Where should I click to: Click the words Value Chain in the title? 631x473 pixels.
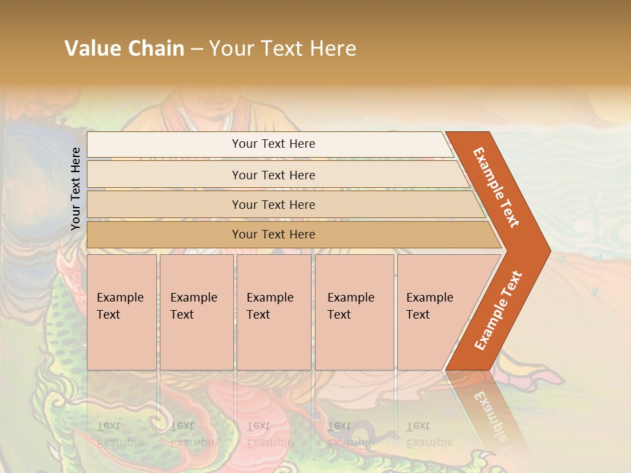pos(124,49)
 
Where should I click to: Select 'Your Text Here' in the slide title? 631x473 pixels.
pos(283,49)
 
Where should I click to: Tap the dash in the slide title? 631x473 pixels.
pos(197,49)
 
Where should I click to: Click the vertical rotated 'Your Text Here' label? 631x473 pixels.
pos(76,189)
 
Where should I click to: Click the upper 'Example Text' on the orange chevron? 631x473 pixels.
pos(496,187)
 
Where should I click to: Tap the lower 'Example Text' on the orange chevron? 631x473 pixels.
pos(498,310)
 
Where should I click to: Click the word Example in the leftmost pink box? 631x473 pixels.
pos(120,298)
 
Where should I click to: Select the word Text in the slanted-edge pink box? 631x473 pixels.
pos(417,315)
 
